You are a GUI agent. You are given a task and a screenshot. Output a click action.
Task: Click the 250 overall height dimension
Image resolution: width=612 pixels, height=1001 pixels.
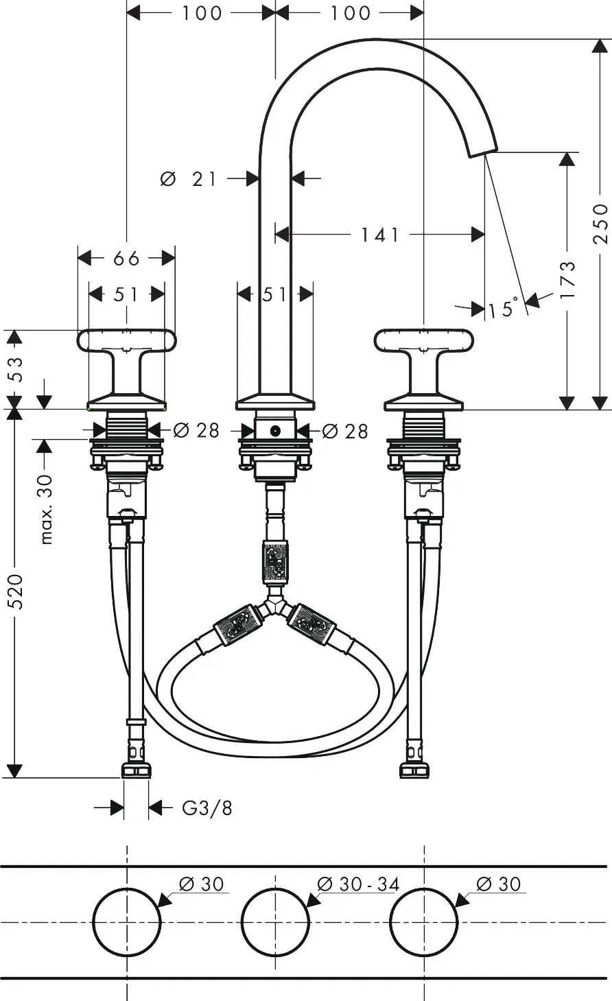[600, 224]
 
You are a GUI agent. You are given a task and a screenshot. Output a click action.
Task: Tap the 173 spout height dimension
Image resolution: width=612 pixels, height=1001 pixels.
[567, 281]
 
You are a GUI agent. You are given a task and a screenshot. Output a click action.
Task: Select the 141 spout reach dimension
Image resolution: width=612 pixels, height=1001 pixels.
[379, 235]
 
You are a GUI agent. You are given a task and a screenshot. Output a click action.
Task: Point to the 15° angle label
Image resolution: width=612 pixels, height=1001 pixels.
[503, 307]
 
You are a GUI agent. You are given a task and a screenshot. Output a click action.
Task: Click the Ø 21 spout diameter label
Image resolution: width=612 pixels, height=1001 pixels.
[188, 179]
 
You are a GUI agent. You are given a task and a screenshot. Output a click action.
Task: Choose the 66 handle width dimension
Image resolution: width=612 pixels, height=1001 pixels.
[126, 258]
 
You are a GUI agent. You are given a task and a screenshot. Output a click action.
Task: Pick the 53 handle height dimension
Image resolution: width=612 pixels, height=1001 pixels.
[16, 369]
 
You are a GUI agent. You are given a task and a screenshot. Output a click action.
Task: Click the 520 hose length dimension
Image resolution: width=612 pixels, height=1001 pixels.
[16, 592]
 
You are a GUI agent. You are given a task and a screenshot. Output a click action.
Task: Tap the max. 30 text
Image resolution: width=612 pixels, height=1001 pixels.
[46, 510]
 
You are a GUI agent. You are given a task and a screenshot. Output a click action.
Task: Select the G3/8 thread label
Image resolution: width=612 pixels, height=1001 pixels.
[207, 808]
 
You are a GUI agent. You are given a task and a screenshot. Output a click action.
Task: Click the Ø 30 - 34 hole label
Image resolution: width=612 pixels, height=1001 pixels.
[358, 884]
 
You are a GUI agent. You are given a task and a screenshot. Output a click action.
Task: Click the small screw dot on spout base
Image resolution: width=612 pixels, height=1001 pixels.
[275, 431]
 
